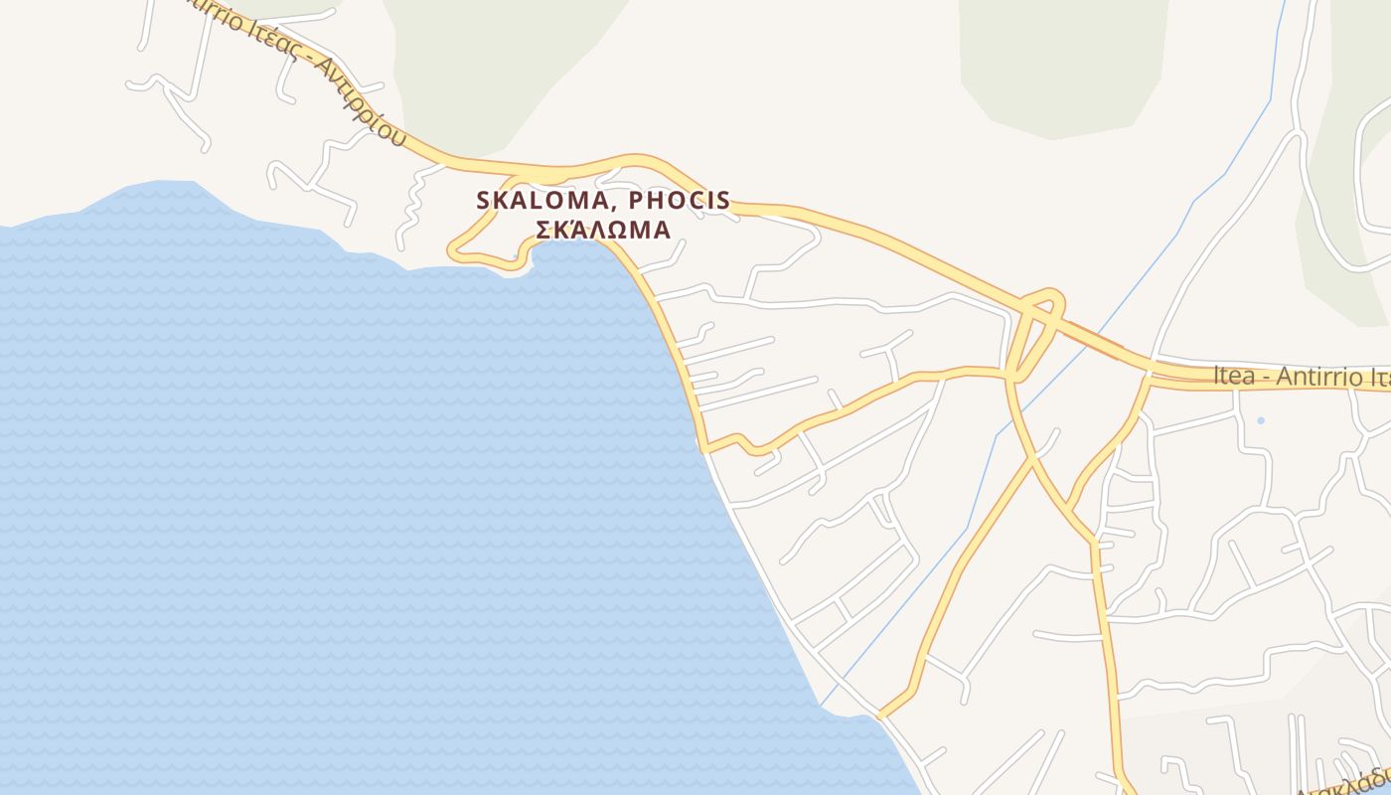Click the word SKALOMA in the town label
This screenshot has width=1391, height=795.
[x=534, y=200]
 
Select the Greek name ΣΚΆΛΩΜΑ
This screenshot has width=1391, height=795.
[x=603, y=230]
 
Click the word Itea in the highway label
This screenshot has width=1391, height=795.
[x=1233, y=377]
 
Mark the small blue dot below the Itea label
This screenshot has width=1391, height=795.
[x=1261, y=420]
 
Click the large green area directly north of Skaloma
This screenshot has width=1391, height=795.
[x=497, y=60]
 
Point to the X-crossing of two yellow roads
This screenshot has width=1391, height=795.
[x=1033, y=458]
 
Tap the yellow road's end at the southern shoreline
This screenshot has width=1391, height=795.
[x=880, y=714]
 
